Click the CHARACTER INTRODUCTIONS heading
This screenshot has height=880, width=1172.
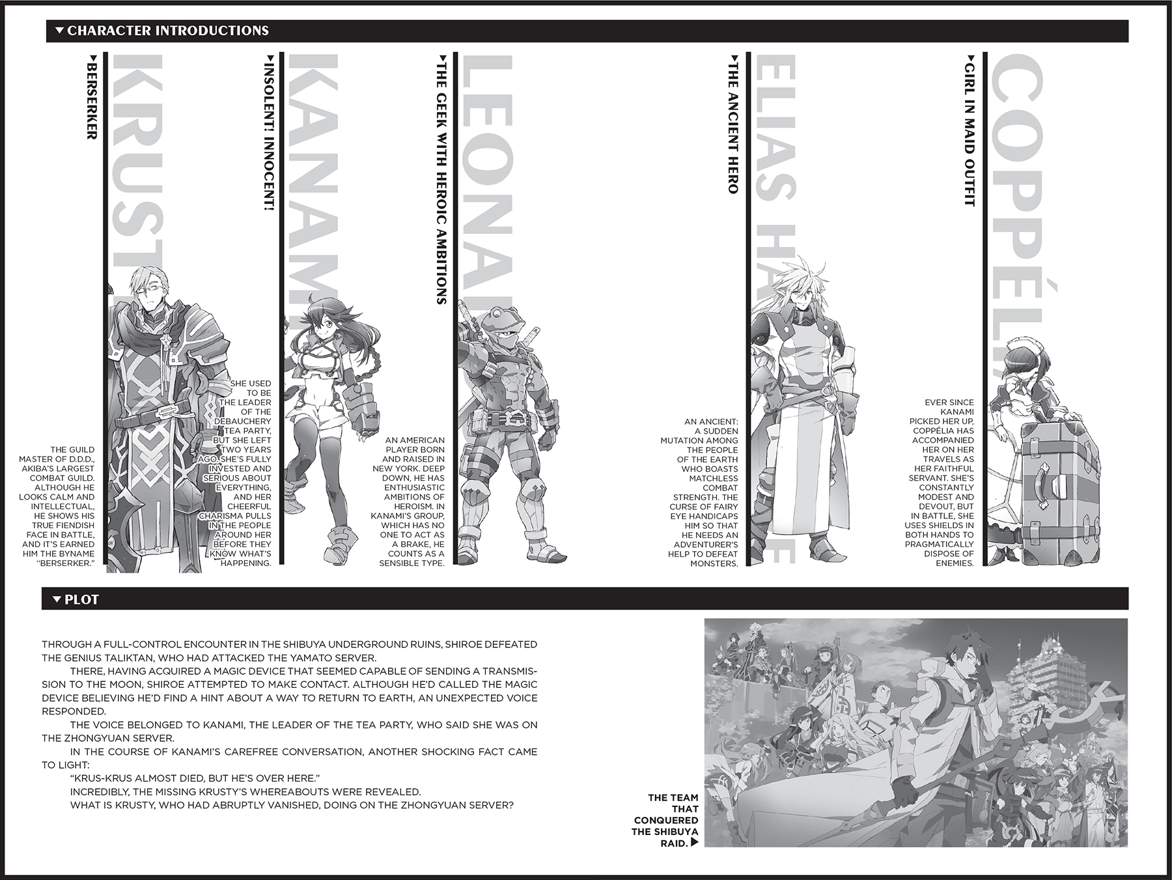[x=167, y=31]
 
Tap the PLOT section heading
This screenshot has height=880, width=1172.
[x=81, y=599]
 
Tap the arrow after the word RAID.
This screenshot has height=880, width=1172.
[x=695, y=842]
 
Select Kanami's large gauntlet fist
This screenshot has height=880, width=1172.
[x=361, y=407]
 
